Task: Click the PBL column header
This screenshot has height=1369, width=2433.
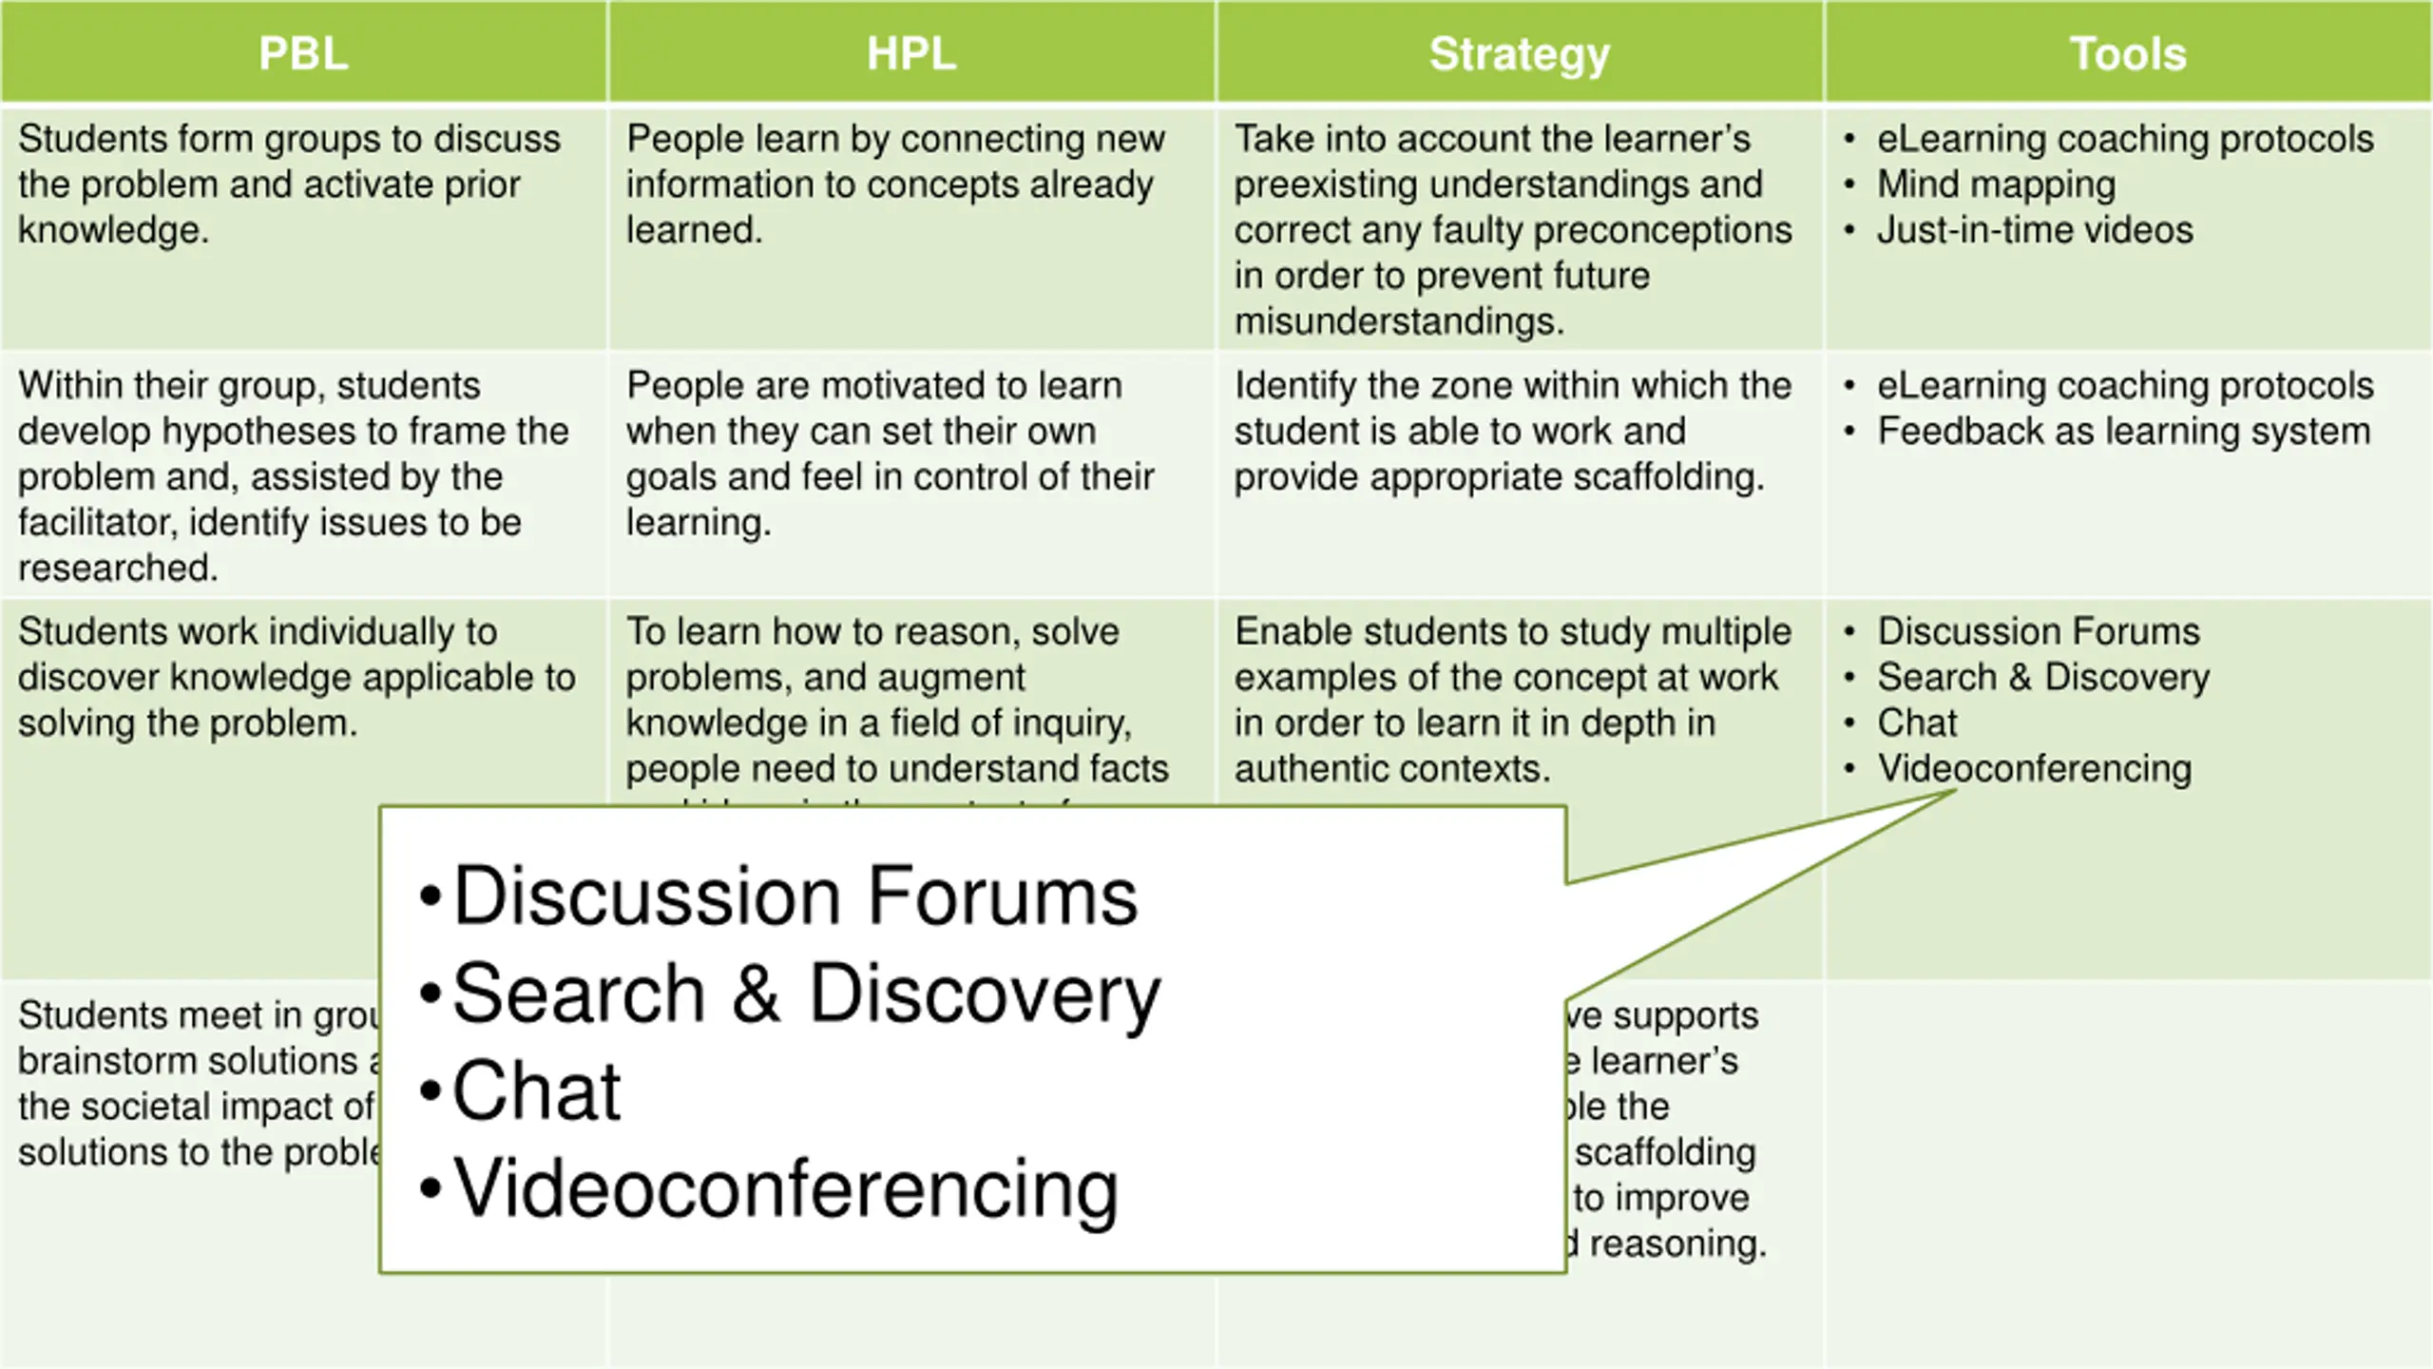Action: (x=303, y=53)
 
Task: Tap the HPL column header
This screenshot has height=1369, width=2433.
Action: (x=911, y=53)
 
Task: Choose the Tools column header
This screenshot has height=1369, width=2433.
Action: (x=2128, y=53)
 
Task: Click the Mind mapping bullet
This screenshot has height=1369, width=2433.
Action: (x=1996, y=184)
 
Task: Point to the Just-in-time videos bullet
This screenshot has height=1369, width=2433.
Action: (x=2034, y=230)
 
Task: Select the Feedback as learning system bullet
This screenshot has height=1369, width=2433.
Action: (x=2123, y=432)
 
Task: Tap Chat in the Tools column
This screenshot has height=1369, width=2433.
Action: (x=1917, y=723)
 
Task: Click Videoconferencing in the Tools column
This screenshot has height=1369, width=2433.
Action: (x=2034, y=769)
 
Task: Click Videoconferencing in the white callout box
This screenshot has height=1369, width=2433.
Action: (x=785, y=1188)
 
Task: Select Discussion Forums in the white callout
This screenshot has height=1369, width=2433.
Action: (x=795, y=897)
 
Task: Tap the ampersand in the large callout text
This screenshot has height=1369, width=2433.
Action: (x=756, y=993)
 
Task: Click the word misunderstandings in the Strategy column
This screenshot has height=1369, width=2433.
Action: (x=1398, y=321)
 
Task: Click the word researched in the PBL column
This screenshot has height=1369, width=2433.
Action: (x=118, y=569)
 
